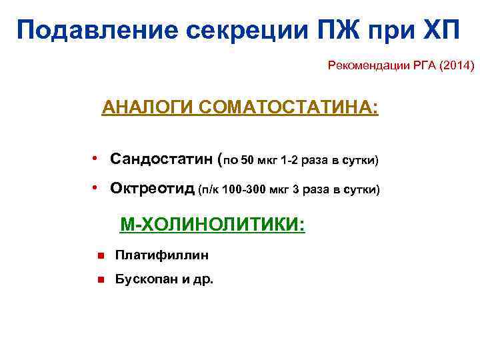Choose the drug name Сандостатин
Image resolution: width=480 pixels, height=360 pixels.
(162, 160)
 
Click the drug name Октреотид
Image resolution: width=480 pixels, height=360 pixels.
(153, 189)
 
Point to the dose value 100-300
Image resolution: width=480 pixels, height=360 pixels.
(249, 191)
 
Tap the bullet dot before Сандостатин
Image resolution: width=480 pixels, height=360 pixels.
(96, 159)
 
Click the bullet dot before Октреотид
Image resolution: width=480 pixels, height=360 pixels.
(96, 189)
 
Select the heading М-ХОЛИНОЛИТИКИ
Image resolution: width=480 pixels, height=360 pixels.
(212, 225)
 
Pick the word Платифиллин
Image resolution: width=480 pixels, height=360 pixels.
(162, 255)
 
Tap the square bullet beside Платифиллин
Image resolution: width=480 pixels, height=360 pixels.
(99, 255)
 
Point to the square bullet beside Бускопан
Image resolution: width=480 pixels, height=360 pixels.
(99, 280)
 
